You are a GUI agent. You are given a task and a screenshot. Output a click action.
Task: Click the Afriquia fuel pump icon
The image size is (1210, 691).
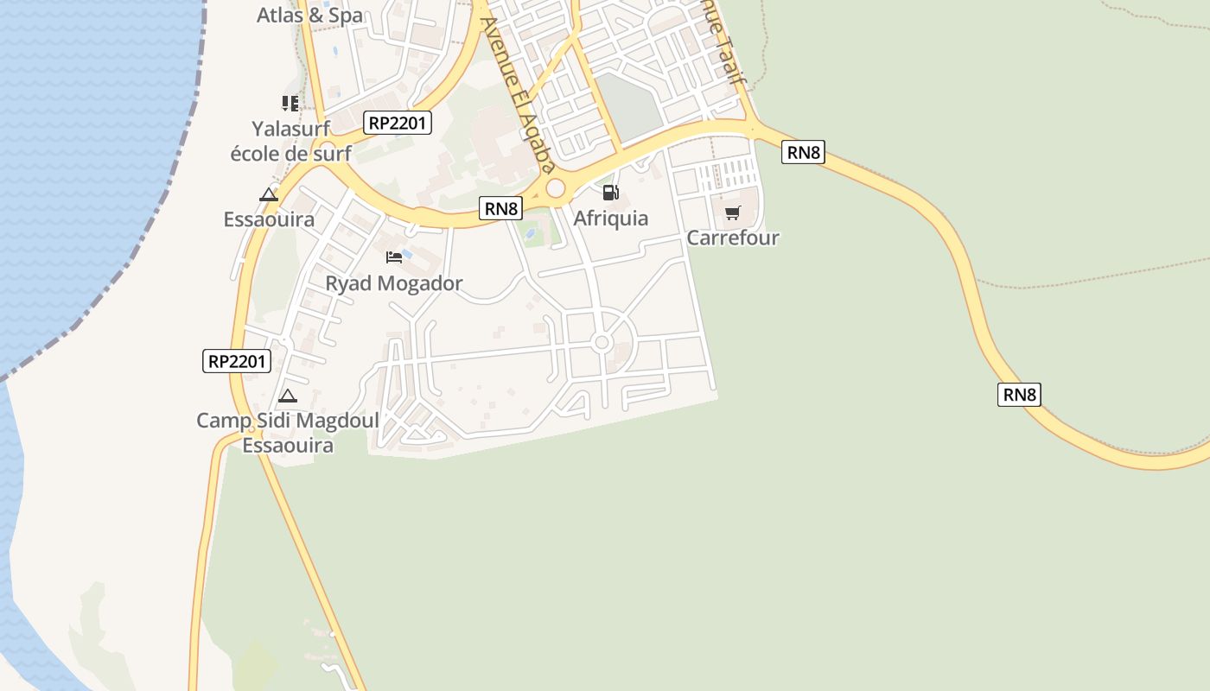(x=611, y=193)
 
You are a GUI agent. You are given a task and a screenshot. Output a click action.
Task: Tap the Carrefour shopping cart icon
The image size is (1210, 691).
(x=733, y=212)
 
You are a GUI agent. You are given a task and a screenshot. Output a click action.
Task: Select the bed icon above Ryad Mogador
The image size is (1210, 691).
(x=394, y=257)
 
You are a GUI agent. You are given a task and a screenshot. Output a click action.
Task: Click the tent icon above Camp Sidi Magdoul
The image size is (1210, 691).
(x=288, y=396)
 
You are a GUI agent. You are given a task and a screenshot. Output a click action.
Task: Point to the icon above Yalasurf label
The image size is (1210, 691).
(x=290, y=104)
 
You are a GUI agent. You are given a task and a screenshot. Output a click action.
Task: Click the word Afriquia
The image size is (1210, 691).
(x=611, y=219)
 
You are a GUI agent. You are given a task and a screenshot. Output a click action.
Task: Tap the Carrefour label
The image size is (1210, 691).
(x=733, y=238)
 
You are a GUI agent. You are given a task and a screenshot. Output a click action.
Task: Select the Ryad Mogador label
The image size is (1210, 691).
(x=394, y=283)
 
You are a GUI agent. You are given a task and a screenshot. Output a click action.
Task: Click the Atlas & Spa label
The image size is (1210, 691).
(x=310, y=15)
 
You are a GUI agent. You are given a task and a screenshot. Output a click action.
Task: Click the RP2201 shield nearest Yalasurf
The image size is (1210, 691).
(x=398, y=123)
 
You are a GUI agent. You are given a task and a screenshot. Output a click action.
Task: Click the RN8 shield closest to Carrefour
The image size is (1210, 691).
(x=803, y=153)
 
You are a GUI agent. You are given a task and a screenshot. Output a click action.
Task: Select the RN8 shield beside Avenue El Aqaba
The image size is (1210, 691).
(x=501, y=208)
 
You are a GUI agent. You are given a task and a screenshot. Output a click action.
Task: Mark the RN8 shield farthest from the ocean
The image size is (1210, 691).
(x=1019, y=395)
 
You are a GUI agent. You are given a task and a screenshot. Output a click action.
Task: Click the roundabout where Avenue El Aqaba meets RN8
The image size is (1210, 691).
(x=555, y=187)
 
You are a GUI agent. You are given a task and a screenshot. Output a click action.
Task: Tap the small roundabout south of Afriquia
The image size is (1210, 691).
(x=602, y=343)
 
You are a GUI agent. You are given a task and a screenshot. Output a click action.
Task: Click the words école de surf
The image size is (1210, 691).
(x=290, y=154)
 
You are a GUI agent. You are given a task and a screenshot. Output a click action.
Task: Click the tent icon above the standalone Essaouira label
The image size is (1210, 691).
(x=269, y=194)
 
